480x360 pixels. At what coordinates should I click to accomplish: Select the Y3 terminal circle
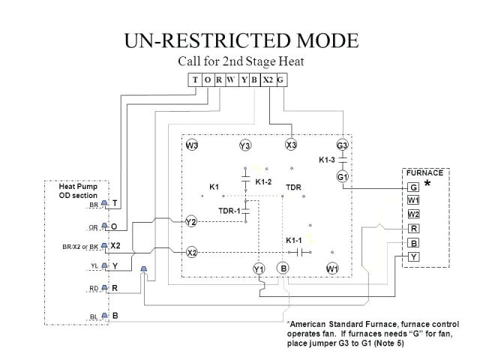click(244, 145)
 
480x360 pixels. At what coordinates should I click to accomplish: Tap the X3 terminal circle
click(292, 145)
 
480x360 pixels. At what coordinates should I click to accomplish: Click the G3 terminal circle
click(341, 145)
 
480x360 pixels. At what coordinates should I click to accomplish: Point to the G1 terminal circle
click(341, 176)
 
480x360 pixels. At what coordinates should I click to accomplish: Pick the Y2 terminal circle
click(191, 221)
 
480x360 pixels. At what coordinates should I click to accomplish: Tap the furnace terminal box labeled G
click(413, 187)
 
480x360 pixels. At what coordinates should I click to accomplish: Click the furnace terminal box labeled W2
click(413, 214)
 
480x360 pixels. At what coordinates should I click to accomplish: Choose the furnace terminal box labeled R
click(413, 228)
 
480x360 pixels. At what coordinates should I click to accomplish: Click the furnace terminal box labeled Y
click(413, 257)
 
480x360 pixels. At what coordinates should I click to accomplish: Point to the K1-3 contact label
click(327, 160)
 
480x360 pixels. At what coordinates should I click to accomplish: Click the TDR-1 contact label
click(229, 211)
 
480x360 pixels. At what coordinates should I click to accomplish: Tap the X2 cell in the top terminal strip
click(268, 80)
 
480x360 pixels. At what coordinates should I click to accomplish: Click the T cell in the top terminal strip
click(194, 80)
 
